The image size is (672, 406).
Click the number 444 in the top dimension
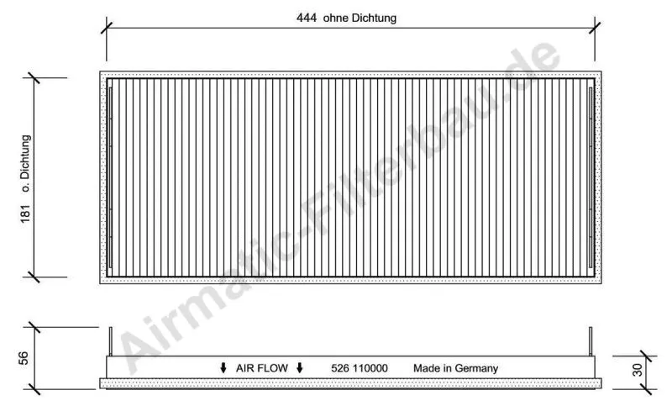click(x=307, y=18)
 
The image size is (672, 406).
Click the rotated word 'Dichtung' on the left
click(x=25, y=159)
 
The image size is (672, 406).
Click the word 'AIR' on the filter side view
click(x=244, y=368)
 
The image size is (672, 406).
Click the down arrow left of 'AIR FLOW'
click(x=223, y=368)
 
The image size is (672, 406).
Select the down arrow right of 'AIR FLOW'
click(x=300, y=368)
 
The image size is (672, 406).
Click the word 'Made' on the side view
click(x=426, y=368)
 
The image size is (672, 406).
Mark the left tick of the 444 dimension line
click(x=106, y=27)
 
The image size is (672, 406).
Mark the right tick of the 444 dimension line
click(x=596, y=27)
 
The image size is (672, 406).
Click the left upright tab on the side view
click(x=110, y=340)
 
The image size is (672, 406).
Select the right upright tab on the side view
click(x=591, y=340)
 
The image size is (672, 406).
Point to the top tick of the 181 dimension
click(x=34, y=78)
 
